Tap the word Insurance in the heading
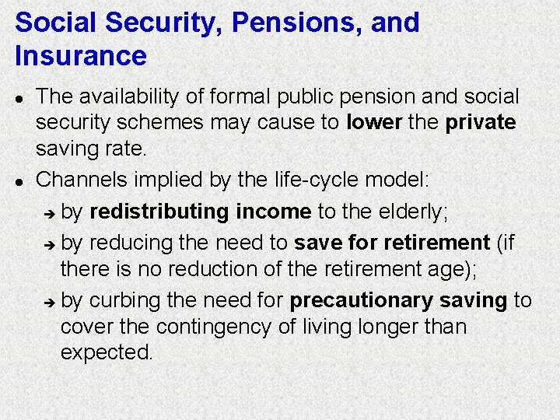(80, 56)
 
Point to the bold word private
(481, 123)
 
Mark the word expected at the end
(107, 352)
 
